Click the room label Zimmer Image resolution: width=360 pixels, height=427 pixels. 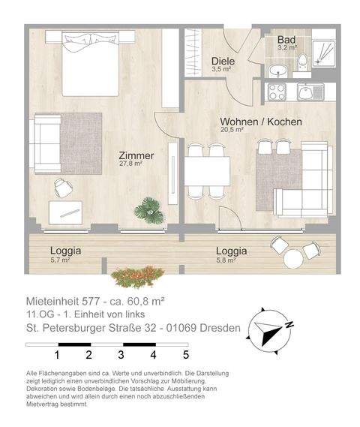pos(136,156)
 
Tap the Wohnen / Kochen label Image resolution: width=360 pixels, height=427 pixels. pos(260,122)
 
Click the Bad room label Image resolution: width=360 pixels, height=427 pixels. pos(286,40)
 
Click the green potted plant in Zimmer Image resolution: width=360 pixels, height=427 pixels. pos(148,211)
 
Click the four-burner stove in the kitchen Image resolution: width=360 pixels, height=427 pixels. pos(274,93)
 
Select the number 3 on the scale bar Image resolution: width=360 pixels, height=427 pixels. pos(121,355)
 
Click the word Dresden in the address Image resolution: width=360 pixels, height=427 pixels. pos(220,328)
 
